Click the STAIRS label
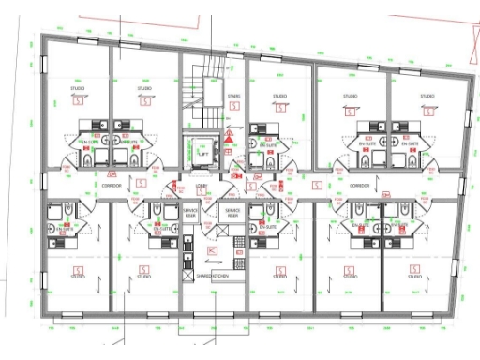(233, 95)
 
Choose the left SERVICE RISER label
(190, 214)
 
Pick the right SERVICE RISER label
(232, 214)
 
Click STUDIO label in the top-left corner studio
(79, 89)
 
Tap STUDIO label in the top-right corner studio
(427, 96)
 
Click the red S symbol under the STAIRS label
(233, 107)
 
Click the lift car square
(200, 148)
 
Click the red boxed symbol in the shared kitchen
(212, 251)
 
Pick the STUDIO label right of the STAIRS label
(279, 96)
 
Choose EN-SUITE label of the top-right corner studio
(407, 144)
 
